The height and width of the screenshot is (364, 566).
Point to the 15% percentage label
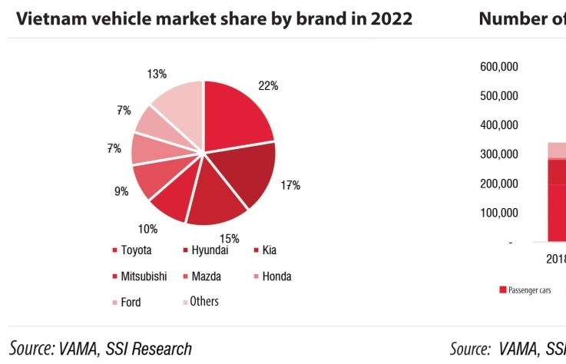(230, 238)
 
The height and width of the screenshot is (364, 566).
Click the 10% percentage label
(147, 228)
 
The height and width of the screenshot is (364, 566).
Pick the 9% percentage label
(121, 192)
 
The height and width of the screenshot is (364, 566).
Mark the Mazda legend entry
(206, 276)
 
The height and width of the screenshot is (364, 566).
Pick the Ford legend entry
(131, 303)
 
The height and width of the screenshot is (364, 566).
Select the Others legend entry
(204, 302)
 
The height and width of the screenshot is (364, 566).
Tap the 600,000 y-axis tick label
(499, 67)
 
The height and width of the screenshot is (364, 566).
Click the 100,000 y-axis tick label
(499, 213)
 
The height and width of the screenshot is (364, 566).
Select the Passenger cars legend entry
(529, 290)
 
